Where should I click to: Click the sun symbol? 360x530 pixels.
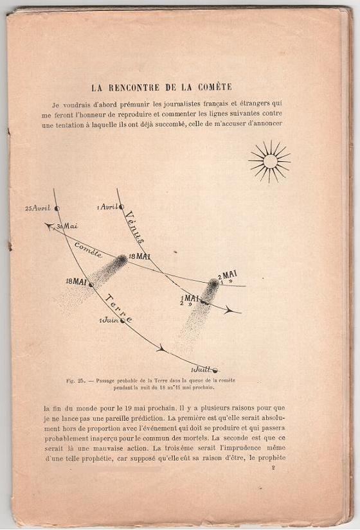pos(270,161)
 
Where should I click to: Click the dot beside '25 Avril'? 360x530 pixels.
pos(57,208)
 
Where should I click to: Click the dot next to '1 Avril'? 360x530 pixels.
pos(121,207)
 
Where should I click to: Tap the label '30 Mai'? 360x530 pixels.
pos(67,227)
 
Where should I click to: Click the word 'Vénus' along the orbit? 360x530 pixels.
pos(134,227)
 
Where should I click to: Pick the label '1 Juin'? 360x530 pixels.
pos(109,320)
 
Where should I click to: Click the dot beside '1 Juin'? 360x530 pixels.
pos(122,319)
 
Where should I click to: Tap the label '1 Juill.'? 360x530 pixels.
pos(201,371)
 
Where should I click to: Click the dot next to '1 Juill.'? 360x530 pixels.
pos(215,370)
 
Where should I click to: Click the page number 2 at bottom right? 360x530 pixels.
pos(273,469)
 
